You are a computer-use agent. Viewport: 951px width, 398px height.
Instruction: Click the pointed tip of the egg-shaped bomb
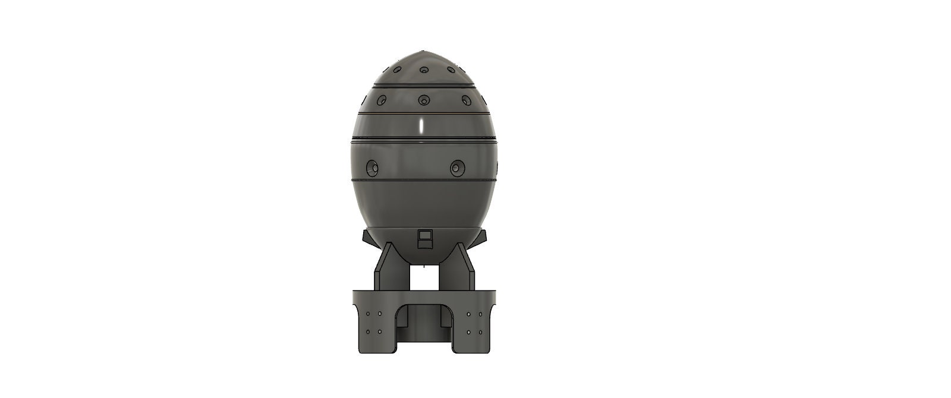coord(423,52)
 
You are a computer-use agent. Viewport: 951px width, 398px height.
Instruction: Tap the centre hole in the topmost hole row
coord(424,71)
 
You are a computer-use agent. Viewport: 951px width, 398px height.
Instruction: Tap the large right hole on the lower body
coord(457,168)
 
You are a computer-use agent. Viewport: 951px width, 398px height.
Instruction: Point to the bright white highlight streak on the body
coord(421,127)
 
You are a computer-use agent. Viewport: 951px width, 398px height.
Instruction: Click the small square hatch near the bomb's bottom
coord(424,239)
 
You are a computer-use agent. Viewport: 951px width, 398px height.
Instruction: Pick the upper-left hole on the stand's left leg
coord(368,314)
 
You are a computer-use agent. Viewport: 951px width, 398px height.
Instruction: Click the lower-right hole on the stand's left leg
coord(380,332)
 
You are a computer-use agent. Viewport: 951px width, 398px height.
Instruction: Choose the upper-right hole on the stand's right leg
coord(480,314)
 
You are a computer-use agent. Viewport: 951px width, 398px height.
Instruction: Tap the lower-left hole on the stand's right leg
coord(469,332)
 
